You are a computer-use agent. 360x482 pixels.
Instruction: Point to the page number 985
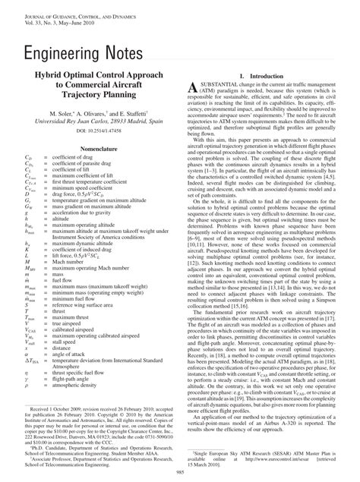point(179,473)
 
